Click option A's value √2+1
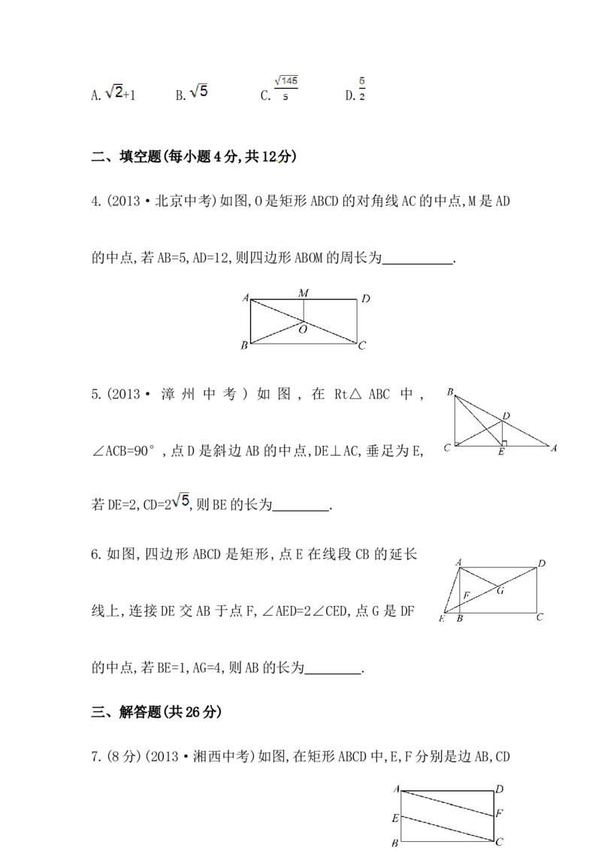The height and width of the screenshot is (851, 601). tap(120, 92)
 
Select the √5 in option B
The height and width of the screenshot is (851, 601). tap(198, 91)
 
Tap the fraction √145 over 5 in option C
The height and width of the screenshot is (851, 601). tap(286, 88)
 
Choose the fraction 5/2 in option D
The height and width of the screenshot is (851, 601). tap(362, 89)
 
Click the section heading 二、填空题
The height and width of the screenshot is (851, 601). tap(127, 157)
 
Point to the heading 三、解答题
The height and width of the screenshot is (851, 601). tap(126, 711)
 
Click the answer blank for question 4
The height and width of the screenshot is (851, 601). tap(418, 262)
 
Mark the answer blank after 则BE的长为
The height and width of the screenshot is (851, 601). tap(301, 509)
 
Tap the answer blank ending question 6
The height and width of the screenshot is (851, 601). tap(333, 672)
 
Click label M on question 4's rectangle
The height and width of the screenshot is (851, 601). tap(304, 292)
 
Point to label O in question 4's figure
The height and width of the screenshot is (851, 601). tap(304, 329)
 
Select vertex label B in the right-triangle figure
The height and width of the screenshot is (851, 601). tap(450, 392)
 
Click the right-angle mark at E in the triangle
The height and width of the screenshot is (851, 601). tap(504, 444)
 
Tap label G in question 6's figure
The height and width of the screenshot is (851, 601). tap(500, 590)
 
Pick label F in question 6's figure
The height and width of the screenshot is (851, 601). tap(466, 595)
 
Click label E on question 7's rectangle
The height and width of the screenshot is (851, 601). tap(395, 818)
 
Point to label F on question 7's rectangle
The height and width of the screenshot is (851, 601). tap(499, 813)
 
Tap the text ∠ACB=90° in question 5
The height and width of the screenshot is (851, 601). tap(124, 451)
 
